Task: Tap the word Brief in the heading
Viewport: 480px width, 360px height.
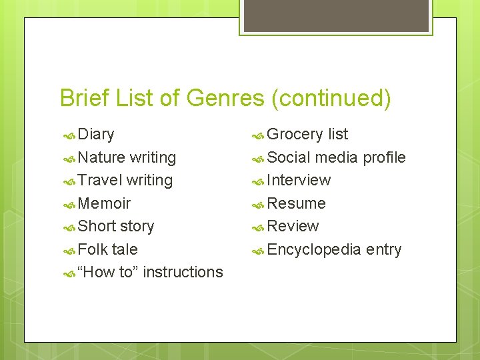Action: click(x=84, y=99)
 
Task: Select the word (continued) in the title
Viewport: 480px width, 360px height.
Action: click(x=331, y=99)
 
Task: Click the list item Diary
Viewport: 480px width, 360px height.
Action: click(x=96, y=135)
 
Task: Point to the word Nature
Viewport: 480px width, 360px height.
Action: click(x=101, y=158)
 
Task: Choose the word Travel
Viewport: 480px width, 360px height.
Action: click(x=100, y=181)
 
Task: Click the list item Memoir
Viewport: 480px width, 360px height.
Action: click(x=104, y=203)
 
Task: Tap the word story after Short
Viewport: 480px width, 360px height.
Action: click(x=137, y=227)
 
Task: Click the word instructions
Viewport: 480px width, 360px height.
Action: click(x=183, y=272)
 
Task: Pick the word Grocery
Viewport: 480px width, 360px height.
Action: click(x=295, y=135)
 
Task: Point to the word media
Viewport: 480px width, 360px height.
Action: click(x=337, y=158)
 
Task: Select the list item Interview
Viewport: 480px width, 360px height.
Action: click(x=299, y=181)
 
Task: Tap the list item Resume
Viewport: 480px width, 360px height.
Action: click(x=296, y=203)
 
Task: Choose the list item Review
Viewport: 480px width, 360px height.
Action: click(x=293, y=227)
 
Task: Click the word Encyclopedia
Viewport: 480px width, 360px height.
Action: click(x=313, y=250)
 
